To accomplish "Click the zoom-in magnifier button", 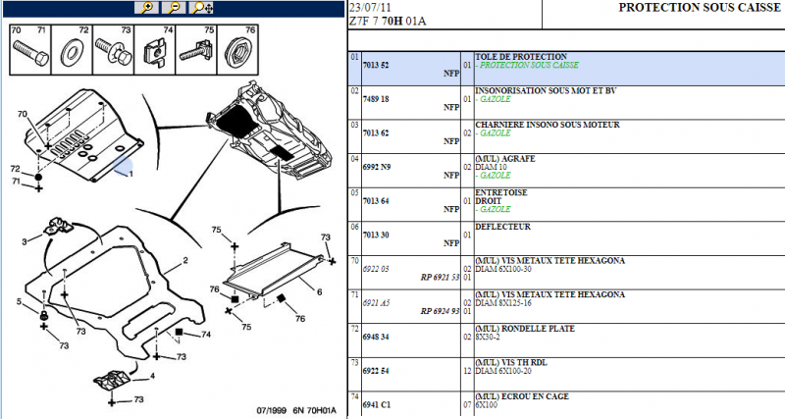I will coord(147,8).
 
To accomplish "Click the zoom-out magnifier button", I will coord(174,8).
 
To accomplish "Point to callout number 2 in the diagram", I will coord(183,262).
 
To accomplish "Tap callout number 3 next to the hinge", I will coord(25,241).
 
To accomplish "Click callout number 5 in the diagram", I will coord(19,301).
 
